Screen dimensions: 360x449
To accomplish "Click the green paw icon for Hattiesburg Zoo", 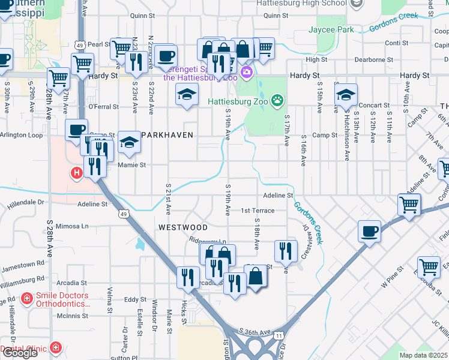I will [277, 100].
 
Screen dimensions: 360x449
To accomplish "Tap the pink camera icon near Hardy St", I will [246, 73].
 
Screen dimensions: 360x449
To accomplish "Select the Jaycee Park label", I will [331, 29].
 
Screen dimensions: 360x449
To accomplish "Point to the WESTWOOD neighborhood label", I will [183, 227].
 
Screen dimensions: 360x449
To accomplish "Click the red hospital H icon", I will [76, 174].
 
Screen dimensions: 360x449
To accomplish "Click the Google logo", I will [19, 353].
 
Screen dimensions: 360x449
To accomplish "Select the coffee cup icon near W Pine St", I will [369, 231].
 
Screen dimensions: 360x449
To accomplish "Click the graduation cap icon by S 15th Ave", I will [346, 95].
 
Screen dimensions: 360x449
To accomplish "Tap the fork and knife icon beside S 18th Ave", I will [286, 250].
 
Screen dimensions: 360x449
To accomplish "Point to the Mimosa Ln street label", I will [73, 227].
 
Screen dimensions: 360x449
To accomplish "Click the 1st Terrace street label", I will [258, 211].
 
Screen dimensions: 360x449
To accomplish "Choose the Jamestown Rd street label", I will [23, 263].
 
